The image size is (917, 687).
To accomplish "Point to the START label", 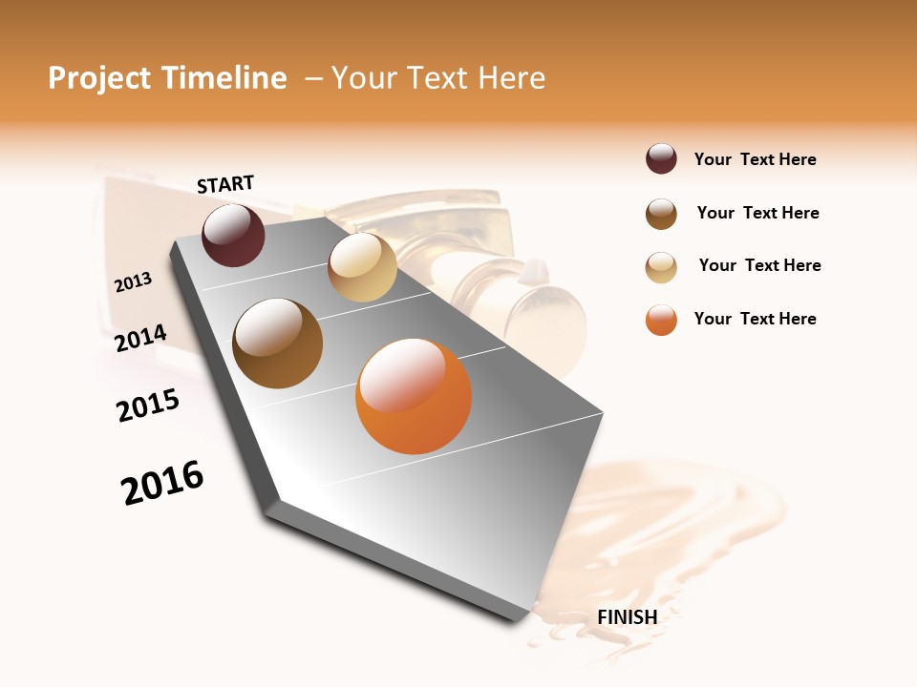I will (x=225, y=184).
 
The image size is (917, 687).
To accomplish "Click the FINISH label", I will (x=627, y=617).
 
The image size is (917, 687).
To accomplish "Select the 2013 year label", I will (x=134, y=282).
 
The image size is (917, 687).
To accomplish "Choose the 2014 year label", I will (x=141, y=338).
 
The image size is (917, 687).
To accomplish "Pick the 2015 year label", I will (x=148, y=406).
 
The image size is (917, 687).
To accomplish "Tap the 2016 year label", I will (x=162, y=483).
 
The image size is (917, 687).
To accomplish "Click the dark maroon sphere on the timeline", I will (x=233, y=235).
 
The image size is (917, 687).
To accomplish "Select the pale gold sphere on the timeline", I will (x=362, y=267).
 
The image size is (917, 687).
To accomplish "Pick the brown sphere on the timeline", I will (x=278, y=343).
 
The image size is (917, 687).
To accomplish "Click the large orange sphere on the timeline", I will (x=414, y=396).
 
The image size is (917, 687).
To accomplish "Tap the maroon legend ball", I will (x=661, y=159).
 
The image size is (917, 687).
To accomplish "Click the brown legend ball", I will (x=661, y=214).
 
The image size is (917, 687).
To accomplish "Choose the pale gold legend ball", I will (x=661, y=267).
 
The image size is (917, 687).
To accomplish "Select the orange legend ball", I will (x=661, y=320).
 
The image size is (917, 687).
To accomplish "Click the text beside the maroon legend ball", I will (x=755, y=160).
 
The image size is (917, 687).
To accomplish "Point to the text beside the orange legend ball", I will (x=755, y=319).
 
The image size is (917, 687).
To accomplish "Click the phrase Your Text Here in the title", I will (x=438, y=78).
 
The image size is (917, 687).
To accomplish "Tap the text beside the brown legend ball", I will (x=757, y=213).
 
